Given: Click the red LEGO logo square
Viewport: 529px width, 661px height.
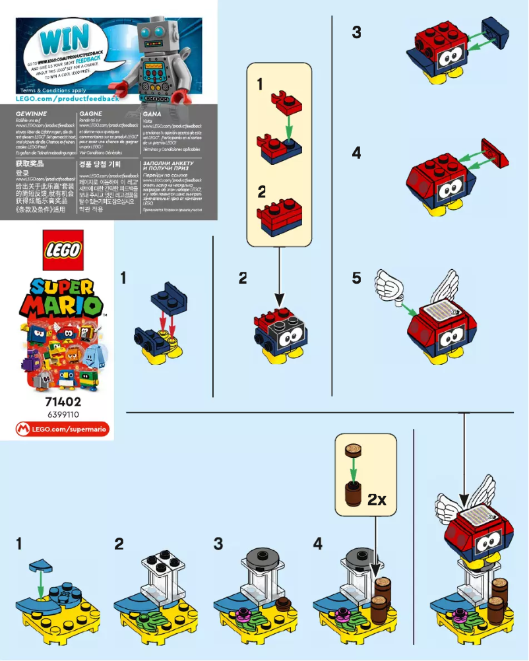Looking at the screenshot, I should click(63, 249).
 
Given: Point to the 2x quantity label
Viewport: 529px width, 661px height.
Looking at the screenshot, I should click(377, 499).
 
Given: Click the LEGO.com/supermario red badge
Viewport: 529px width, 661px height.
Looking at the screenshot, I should click(63, 430).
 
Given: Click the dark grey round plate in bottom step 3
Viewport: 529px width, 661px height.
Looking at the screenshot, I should click(257, 561).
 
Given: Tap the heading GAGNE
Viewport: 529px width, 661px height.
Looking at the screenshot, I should click(90, 113).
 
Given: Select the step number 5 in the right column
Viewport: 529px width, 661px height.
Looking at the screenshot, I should click(356, 278).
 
